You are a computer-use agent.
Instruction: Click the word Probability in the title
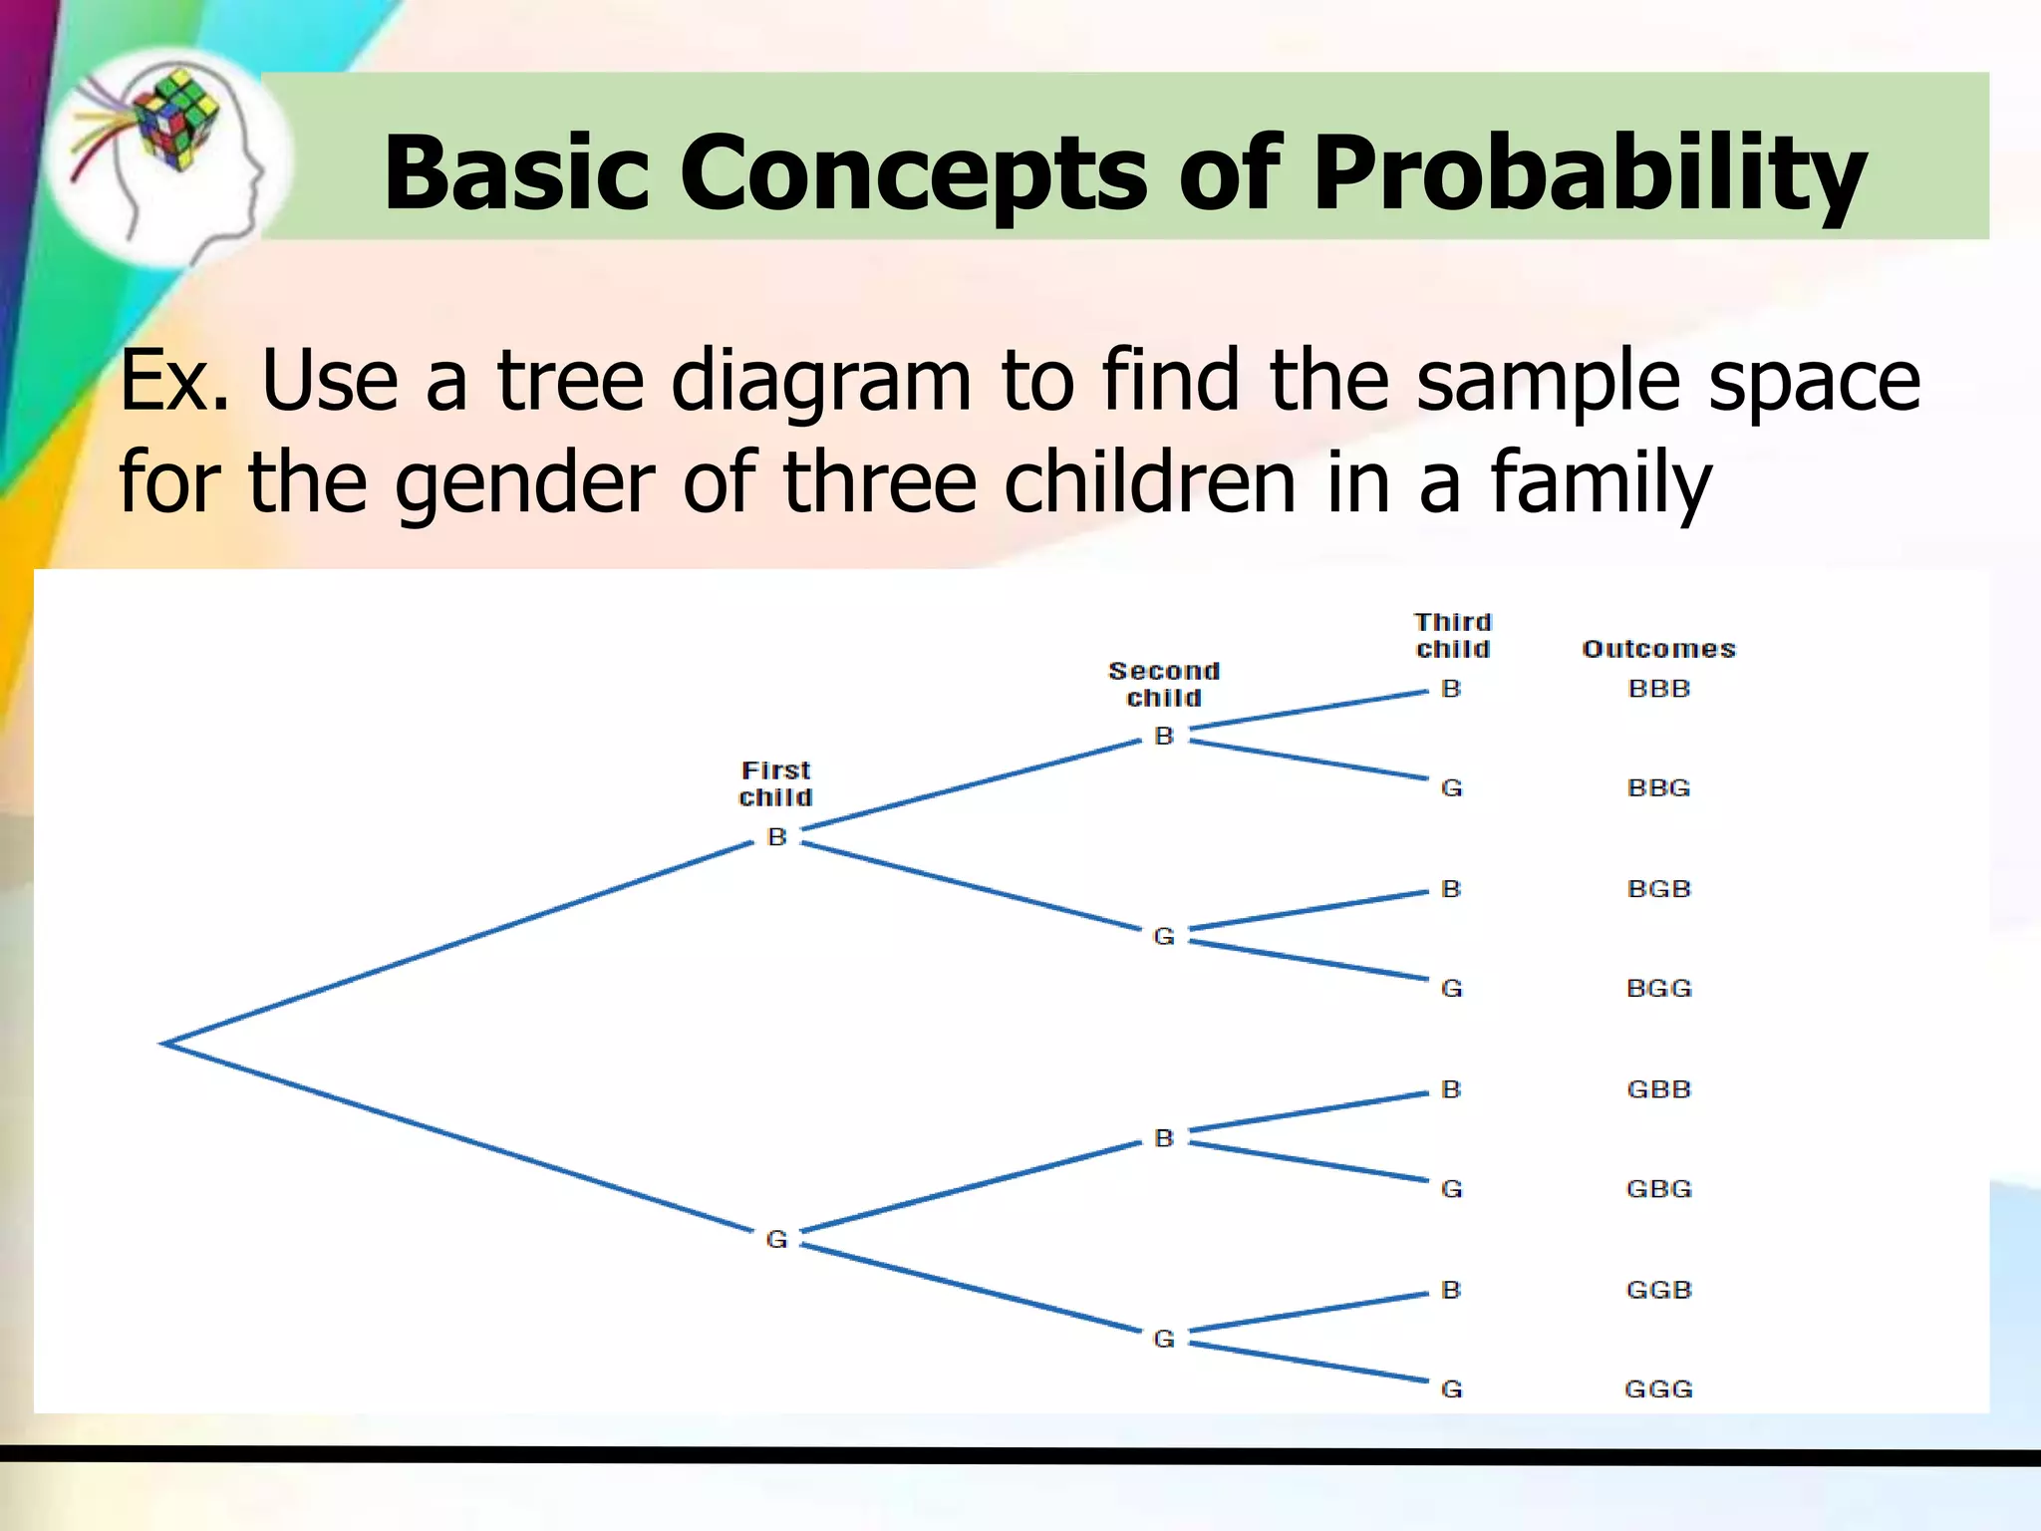click(x=1589, y=174)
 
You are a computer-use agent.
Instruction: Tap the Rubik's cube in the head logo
click(x=176, y=118)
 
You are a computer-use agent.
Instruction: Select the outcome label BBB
click(x=1658, y=689)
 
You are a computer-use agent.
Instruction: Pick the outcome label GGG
click(x=1658, y=1388)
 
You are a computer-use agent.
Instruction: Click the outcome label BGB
click(x=1658, y=888)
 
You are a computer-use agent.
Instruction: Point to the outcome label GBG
click(x=1658, y=1189)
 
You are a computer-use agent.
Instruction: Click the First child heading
click(x=775, y=783)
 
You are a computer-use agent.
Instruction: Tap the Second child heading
click(x=1164, y=684)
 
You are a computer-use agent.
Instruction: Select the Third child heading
click(x=1452, y=636)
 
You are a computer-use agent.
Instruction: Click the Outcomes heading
click(x=1658, y=649)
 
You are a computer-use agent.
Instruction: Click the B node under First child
click(x=777, y=837)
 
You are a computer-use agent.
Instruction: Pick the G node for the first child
click(x=776, y=1239)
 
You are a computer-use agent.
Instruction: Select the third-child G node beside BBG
click(x=1451, y=788)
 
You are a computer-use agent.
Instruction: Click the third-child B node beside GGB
click(x=1451, y=1290)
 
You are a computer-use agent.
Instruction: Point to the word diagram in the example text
click(x=820, y=381)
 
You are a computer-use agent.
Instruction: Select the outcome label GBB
click(x=1658, y=1089)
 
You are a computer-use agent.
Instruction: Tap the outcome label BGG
click(x=1658, y=988)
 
